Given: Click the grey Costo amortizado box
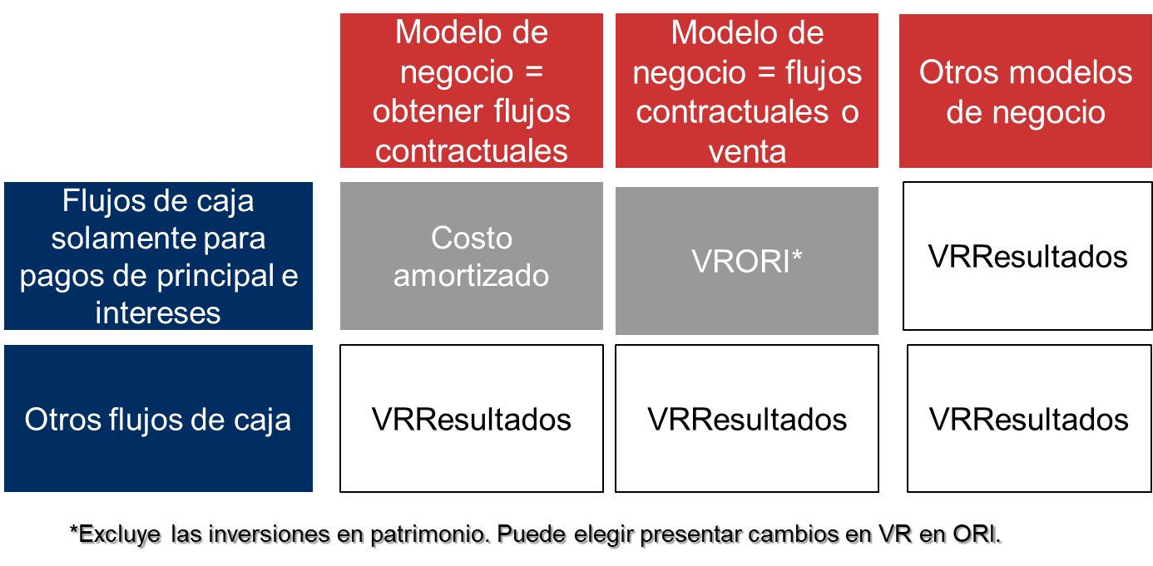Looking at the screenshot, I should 471,256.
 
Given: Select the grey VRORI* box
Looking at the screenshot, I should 746,261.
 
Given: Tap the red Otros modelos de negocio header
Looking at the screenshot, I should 1025,91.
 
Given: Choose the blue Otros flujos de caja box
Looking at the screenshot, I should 158,419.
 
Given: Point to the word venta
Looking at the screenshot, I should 747,151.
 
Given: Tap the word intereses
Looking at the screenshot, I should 158,313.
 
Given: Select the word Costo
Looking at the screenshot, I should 471,238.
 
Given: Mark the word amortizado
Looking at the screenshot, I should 471,275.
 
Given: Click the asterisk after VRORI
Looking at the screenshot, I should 797,258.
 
